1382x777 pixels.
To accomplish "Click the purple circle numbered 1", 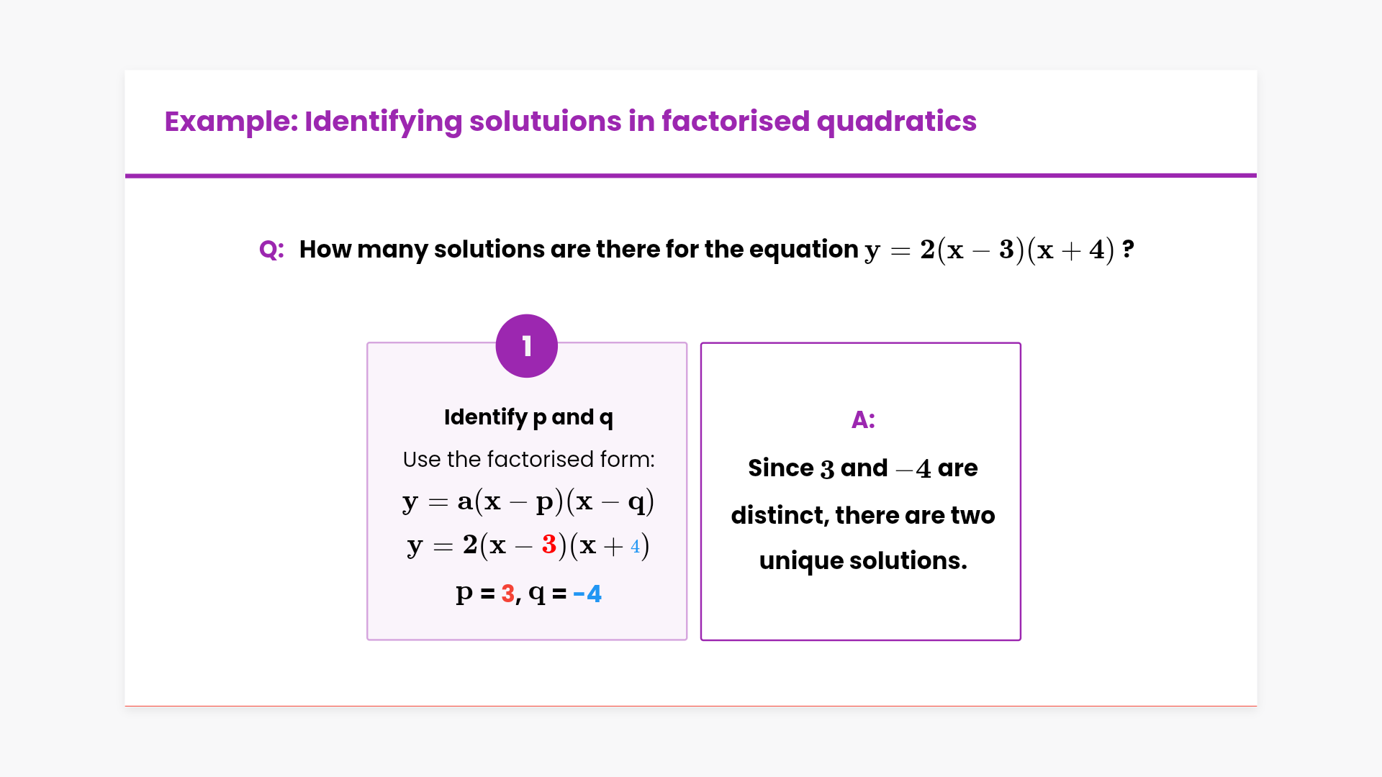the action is pyautogui.click(x=527, y=346).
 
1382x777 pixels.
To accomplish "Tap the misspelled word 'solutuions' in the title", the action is pyautogui.click(x=545, y=121).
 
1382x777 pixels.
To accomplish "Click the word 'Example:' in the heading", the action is pyautogui.click(x=231, y=122).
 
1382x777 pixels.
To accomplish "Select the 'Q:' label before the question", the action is pyautogui.click(x=271, y=250).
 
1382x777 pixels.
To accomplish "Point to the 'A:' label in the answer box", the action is pyautogui.click(x=863, y=419).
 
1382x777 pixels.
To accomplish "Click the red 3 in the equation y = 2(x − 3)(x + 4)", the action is pyautogui.click(x=549, y=545).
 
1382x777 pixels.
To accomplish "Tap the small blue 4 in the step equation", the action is pyautogui.click(x=635, y=546).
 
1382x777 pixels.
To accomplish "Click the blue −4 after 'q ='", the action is pyautogui.click(x=587, y=594).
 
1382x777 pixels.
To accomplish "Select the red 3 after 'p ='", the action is pyautogui.click(x=508, y=594).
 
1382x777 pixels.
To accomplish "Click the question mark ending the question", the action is pyautogui.click(x=1128, y=249).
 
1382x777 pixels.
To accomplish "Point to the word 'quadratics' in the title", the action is pyautogui.click(x=897, y=121).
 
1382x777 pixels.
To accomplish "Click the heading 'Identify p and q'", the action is pyautogui.click(x=528, y=417).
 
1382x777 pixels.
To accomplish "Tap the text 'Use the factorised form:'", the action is pyautogui.click(x=528, y=459).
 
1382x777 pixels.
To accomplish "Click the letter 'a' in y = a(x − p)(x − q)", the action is pyautogui.click(x=465, y=501).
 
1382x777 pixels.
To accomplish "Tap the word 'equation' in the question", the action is pyautogui.click(x=804, y=250).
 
